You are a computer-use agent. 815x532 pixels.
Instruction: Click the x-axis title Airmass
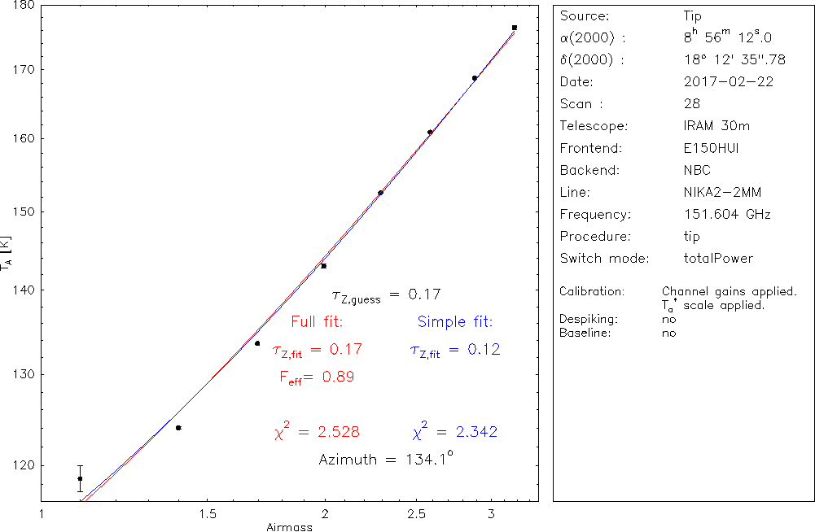pos(289,527)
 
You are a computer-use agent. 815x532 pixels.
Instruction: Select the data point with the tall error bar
pos(80,478)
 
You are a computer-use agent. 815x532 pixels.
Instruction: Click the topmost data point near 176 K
pos(515,28)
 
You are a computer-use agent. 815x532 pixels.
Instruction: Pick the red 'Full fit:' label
pos(317,321)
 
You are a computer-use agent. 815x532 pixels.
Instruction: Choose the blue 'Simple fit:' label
pos(455,321)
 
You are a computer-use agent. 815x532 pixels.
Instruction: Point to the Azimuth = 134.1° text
pos(385,459)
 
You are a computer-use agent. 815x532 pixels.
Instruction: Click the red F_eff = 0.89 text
pos(317,377)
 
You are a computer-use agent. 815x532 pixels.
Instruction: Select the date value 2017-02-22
pos(729,81)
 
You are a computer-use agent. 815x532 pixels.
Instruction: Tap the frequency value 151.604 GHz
pos(727,215)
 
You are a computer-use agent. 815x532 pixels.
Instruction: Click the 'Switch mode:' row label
pos(604,259)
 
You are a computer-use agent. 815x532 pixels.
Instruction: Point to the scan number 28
pos(691,104)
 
